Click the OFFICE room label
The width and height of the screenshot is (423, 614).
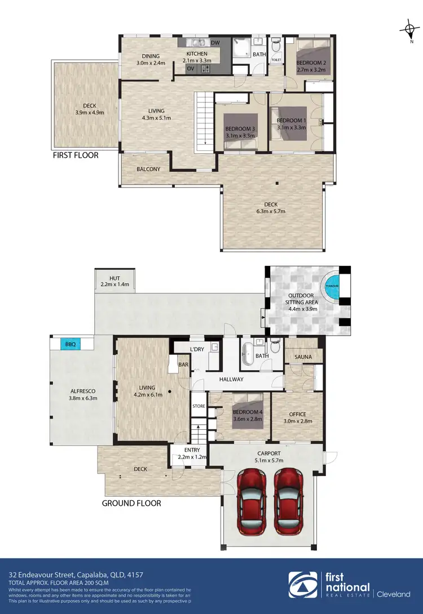coord(297,414)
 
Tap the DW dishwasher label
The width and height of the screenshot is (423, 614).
coord(215,43)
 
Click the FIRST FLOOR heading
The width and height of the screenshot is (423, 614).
coord(76,155)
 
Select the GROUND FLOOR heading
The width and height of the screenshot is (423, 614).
coord(131,503)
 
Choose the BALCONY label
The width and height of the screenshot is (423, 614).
coord(148,169)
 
